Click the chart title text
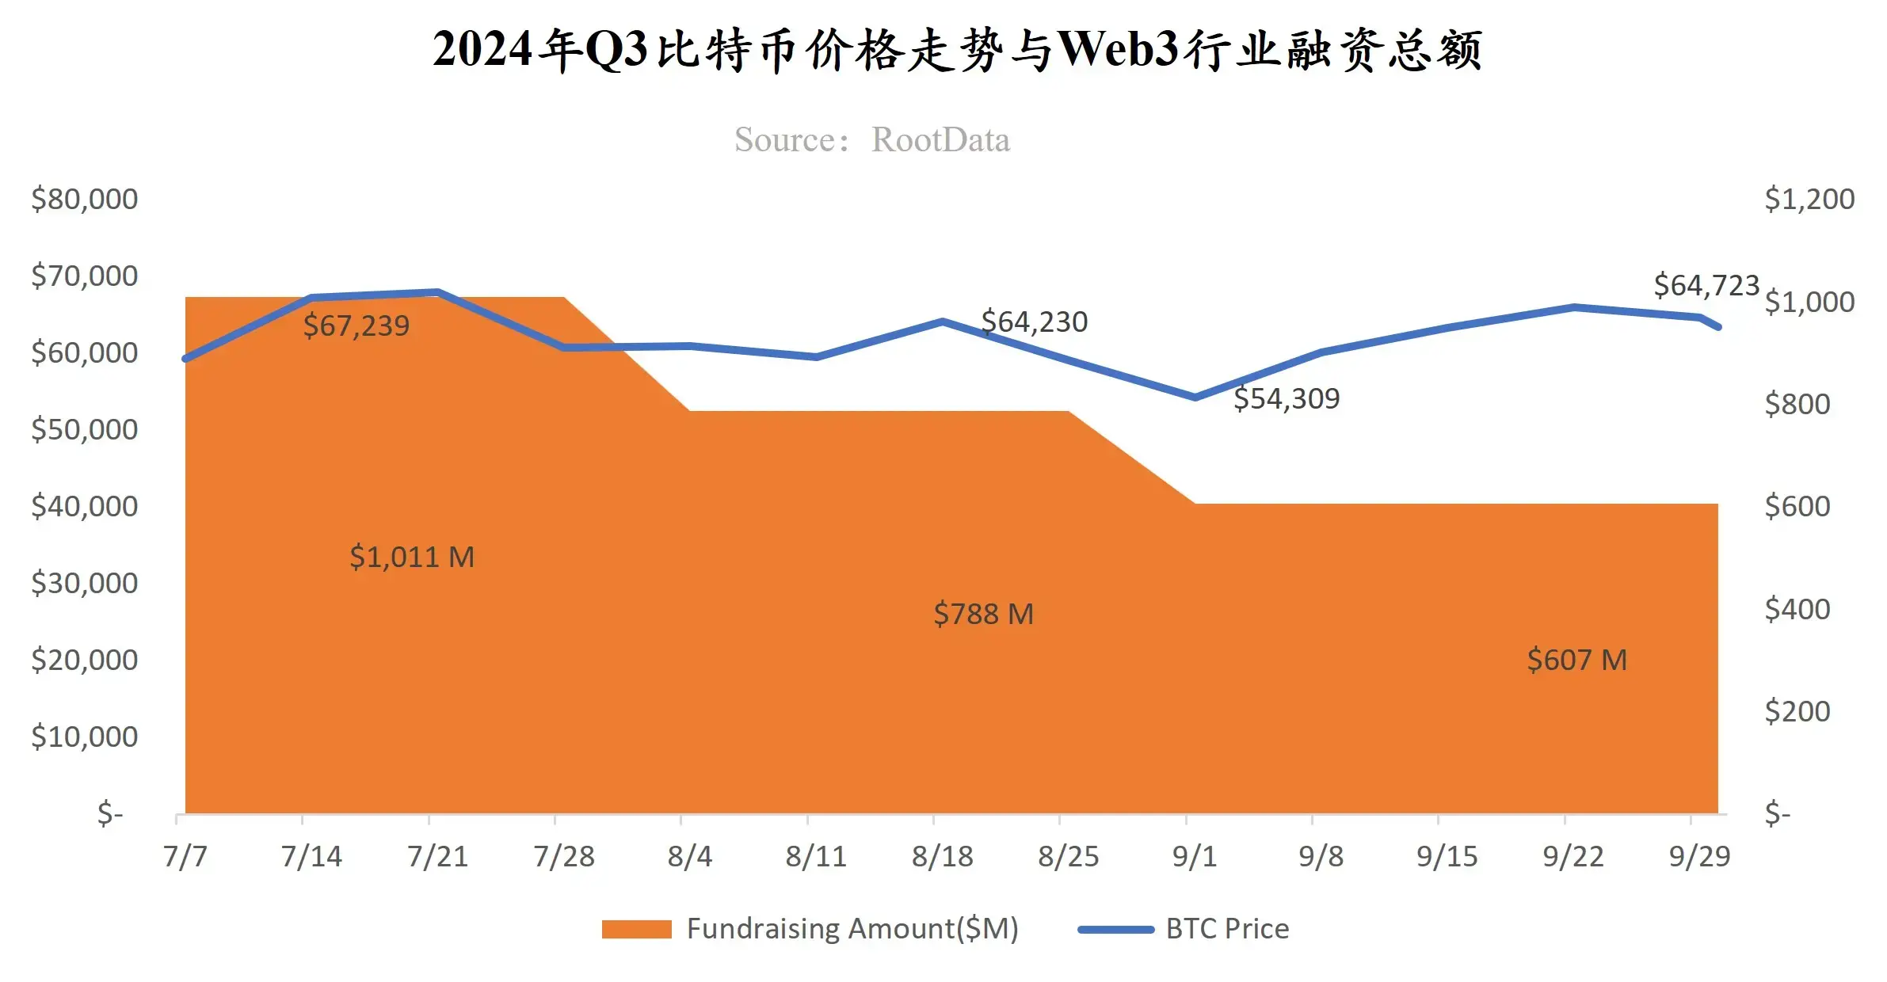957,50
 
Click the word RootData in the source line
940,140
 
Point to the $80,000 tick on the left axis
85,199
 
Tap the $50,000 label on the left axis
85,429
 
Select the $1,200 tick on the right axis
1809,199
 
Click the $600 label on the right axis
1797,506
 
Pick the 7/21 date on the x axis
437,856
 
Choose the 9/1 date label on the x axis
1194,856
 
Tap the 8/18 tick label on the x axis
942,856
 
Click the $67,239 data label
356,325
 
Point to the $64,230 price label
1034,322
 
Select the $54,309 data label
1287,398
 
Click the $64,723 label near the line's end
1706,285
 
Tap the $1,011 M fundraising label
412,557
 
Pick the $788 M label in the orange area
983,614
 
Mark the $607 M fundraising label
1576,660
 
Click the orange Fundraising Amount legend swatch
636,929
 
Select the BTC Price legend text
1227,929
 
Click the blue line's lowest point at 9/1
1195,398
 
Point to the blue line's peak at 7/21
437,292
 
